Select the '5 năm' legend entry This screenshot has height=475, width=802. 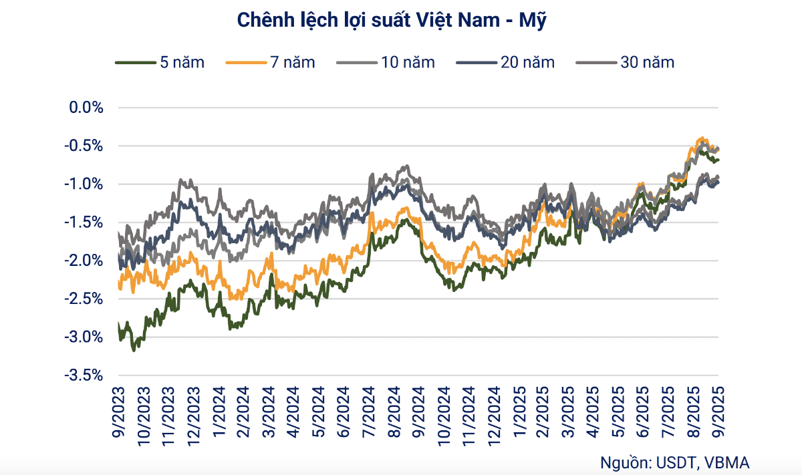click(x=160, y=63)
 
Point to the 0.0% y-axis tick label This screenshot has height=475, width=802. click(x=86, y=108)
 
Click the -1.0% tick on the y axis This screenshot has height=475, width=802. click(x=84, y=184)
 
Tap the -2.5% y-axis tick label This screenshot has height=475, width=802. click(x=84, y=299)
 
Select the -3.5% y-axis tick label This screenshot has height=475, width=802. click(x=84, y=376)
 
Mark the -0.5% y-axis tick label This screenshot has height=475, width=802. click(x=84, y=146)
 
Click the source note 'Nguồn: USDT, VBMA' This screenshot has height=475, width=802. click(x=674, y=462)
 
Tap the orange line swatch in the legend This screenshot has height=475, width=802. click(x=245, y=63)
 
